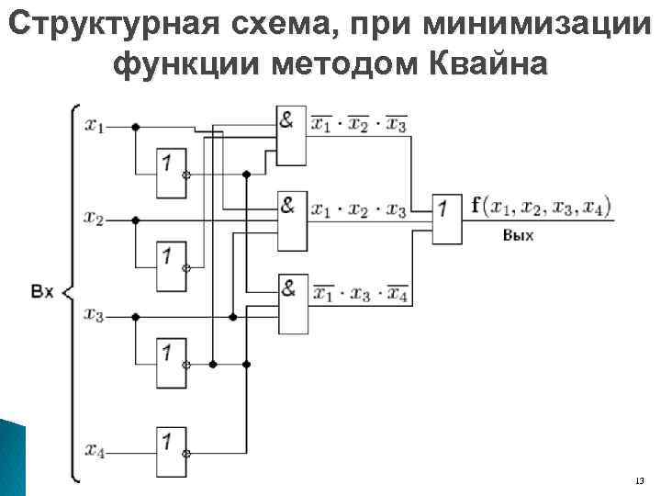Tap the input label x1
coord(95,127)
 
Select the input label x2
coord(94,219)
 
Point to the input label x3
coord(94,315)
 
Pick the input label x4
coord(94,450)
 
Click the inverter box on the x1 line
coord(170,173)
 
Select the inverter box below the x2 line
coord(170,265)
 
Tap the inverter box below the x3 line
coord(170,362)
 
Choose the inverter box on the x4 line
coord(170,450)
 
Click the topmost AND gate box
coord(291,134)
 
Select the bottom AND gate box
coord(291,303)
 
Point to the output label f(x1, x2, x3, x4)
coord(541,206)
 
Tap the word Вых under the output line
coord(518,236)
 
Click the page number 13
coord(639,481)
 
